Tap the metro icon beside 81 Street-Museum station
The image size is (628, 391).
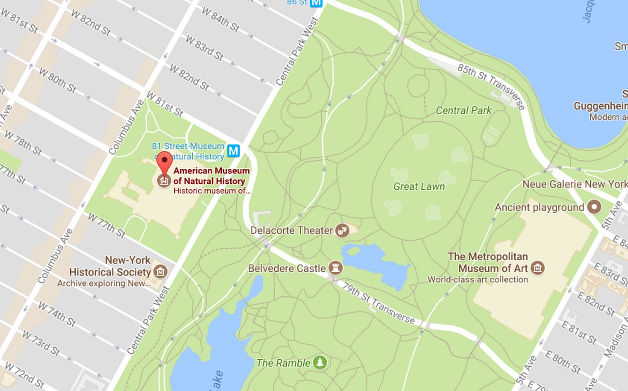pyautogui.click(x=234, y=151)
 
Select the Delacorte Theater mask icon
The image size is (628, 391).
pyautogui.click(x=342, y=230)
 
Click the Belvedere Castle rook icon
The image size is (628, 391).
pyautogui.click(x=336, y=268)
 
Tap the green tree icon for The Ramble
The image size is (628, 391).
pyautogui.click(x=320, y=362)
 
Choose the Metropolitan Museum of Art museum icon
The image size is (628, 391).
pyautogui.click(x=537, y=268)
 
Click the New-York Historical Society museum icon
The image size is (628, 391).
pyautogui.click(x=160, y=271)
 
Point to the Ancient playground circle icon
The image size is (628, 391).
pyautogui.click(x=594, y=207)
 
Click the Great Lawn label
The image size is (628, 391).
pyautogui.click(x=419, y=186)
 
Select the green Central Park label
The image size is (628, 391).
pyautogui.click(x=464, y=110)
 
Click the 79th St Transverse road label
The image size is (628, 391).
pyautogui.click(x=378, y=303)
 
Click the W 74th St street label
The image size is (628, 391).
pyautogui.click(x=57, y=314)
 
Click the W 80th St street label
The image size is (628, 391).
pyautogui.click(x=58, y=80)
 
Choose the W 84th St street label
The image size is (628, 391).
pyautogui.click(x=220, y=19)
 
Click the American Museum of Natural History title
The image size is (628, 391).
pyautogui.click(x=211, y=175)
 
